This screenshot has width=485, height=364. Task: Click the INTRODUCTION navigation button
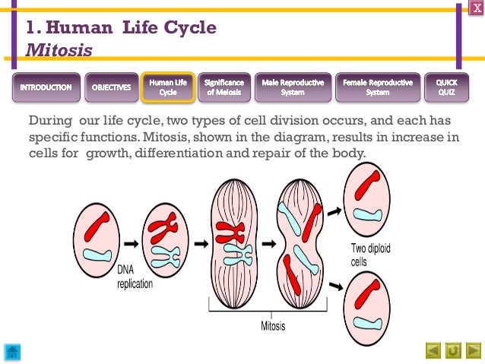[46, 87]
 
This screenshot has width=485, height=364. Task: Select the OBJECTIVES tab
[111, 87]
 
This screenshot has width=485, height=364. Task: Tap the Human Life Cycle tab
[167, 87]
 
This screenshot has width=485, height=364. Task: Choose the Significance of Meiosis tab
[225, 87]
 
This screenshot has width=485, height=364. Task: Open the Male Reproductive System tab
[292, 87]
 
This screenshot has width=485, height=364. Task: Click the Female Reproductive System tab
[378, 87]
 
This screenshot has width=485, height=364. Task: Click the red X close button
[477, 7]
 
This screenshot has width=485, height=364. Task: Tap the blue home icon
[13, 351]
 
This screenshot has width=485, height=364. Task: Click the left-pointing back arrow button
[433, 350]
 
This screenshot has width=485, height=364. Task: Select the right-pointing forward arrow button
[473, 350]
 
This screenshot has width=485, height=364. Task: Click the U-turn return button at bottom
[453, 350]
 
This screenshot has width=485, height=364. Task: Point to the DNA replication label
[135, 277]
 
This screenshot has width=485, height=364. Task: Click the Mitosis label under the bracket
[273, 326]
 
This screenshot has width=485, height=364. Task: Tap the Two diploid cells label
[370, 255]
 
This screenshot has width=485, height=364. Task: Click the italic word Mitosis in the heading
[59, 51]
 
